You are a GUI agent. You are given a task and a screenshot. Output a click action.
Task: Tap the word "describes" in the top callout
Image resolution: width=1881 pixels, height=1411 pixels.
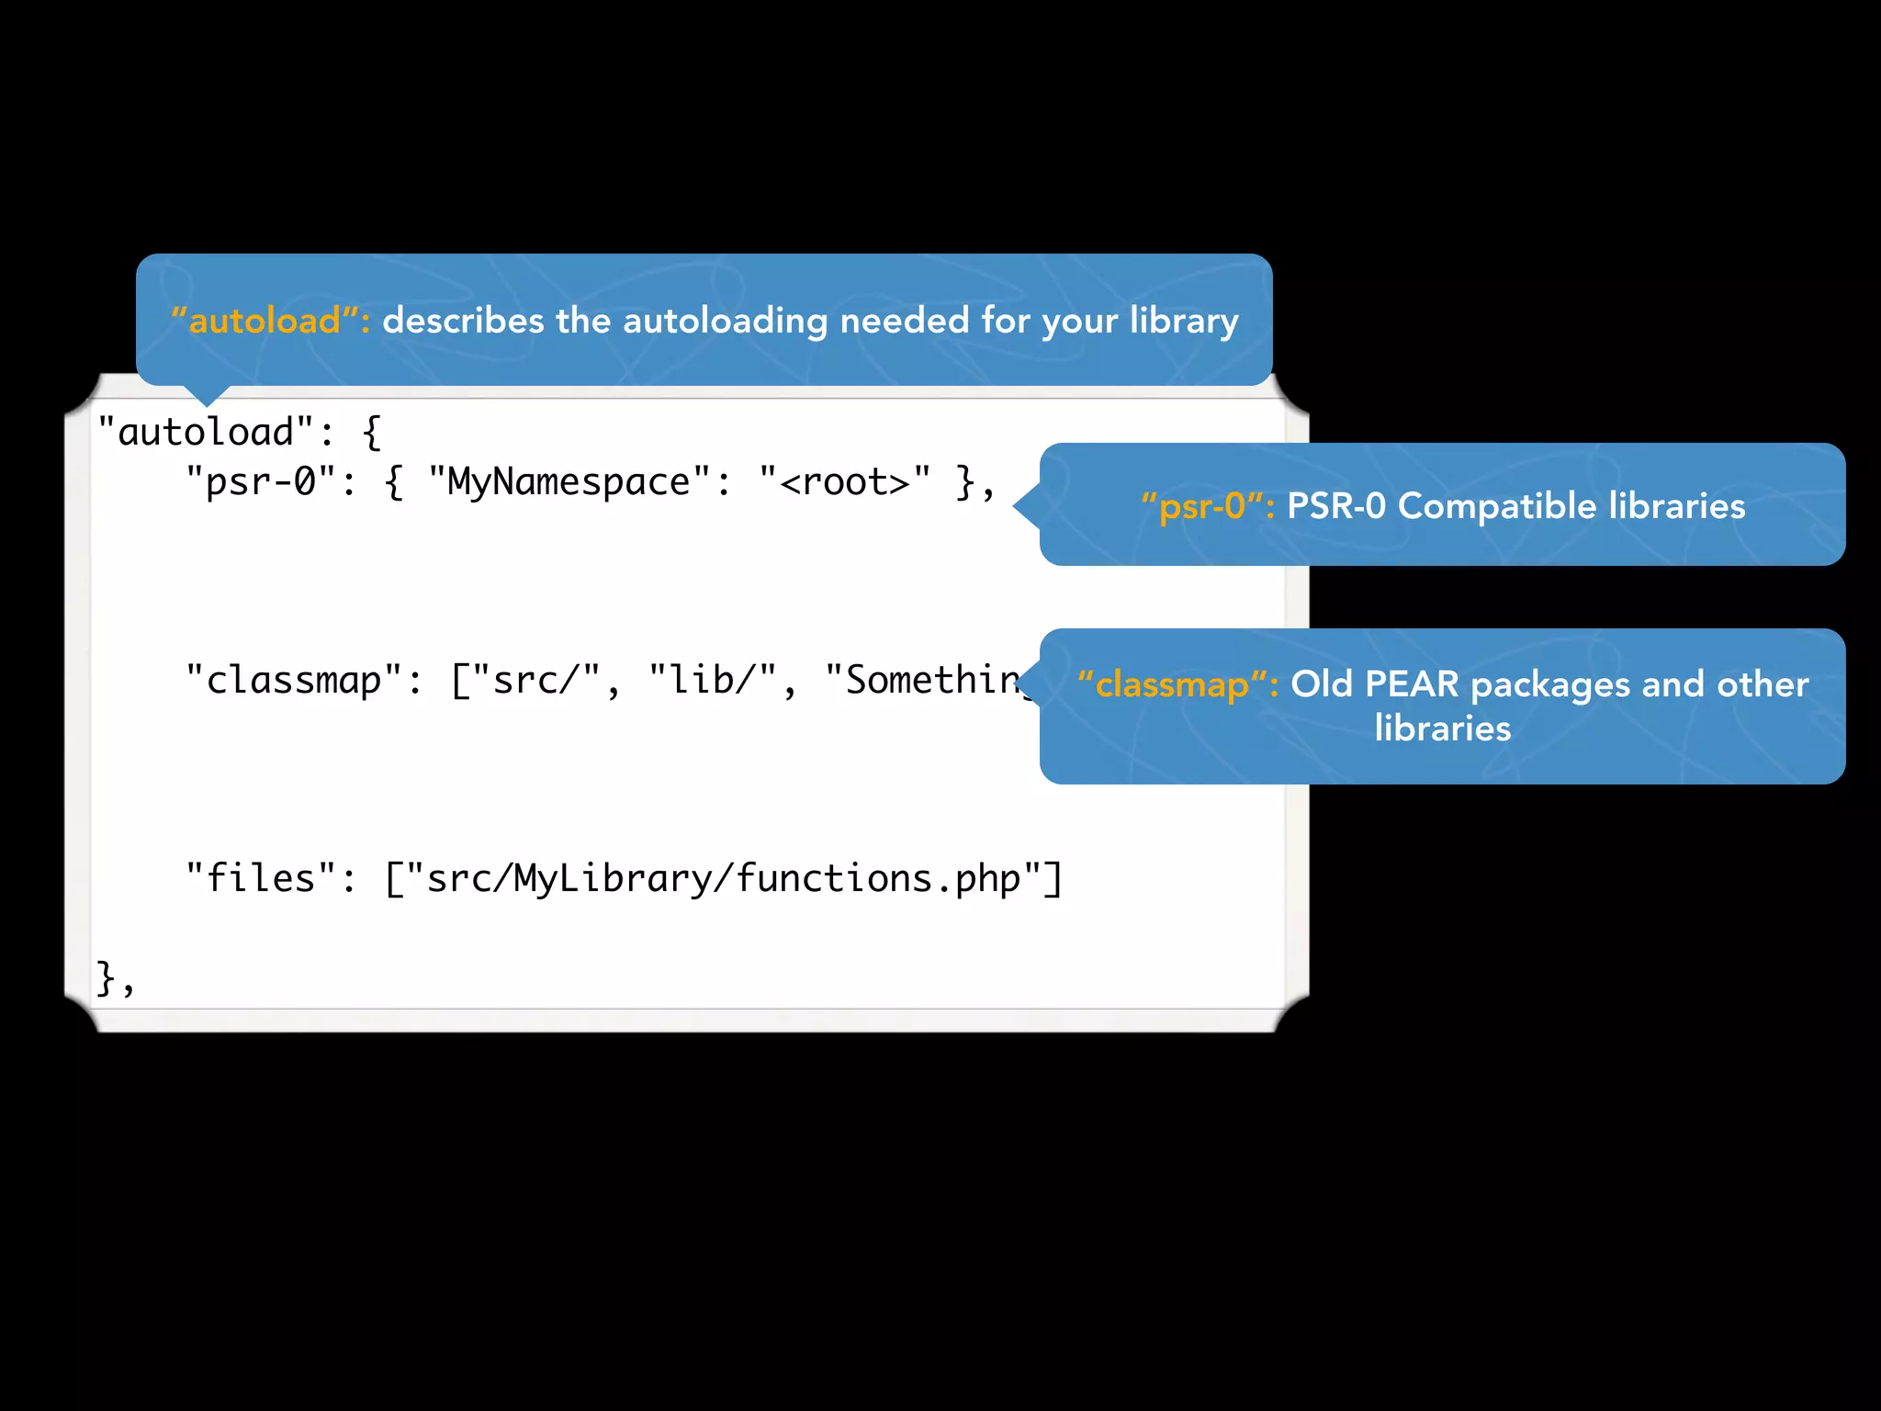click(x=463, y=321)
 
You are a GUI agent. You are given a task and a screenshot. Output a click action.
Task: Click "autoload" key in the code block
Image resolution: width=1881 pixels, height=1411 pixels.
click(x=206, y=432)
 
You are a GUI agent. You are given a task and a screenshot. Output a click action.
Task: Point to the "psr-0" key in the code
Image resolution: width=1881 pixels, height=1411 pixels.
click(x=260, y=481)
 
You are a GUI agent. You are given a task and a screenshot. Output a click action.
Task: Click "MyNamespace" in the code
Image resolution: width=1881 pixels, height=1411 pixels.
click(x=569, y=481)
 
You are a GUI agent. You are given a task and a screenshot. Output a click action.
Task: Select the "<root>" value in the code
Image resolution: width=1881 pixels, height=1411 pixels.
click(x=844, y=481)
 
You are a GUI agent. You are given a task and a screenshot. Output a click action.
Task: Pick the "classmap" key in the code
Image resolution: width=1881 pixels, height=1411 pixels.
click(x=294, y=680)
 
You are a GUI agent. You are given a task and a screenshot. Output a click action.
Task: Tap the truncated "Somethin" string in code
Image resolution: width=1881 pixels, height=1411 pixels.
click(x=928, y=680)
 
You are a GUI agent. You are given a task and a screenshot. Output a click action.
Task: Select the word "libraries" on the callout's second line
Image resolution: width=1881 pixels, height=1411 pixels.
click(x=1442, y=728)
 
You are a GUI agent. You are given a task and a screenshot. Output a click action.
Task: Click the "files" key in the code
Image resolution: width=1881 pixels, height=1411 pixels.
click(x=260, y=878)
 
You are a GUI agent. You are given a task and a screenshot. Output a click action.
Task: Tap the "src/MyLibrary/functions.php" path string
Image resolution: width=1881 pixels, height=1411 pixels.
click(x=724, y=878)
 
